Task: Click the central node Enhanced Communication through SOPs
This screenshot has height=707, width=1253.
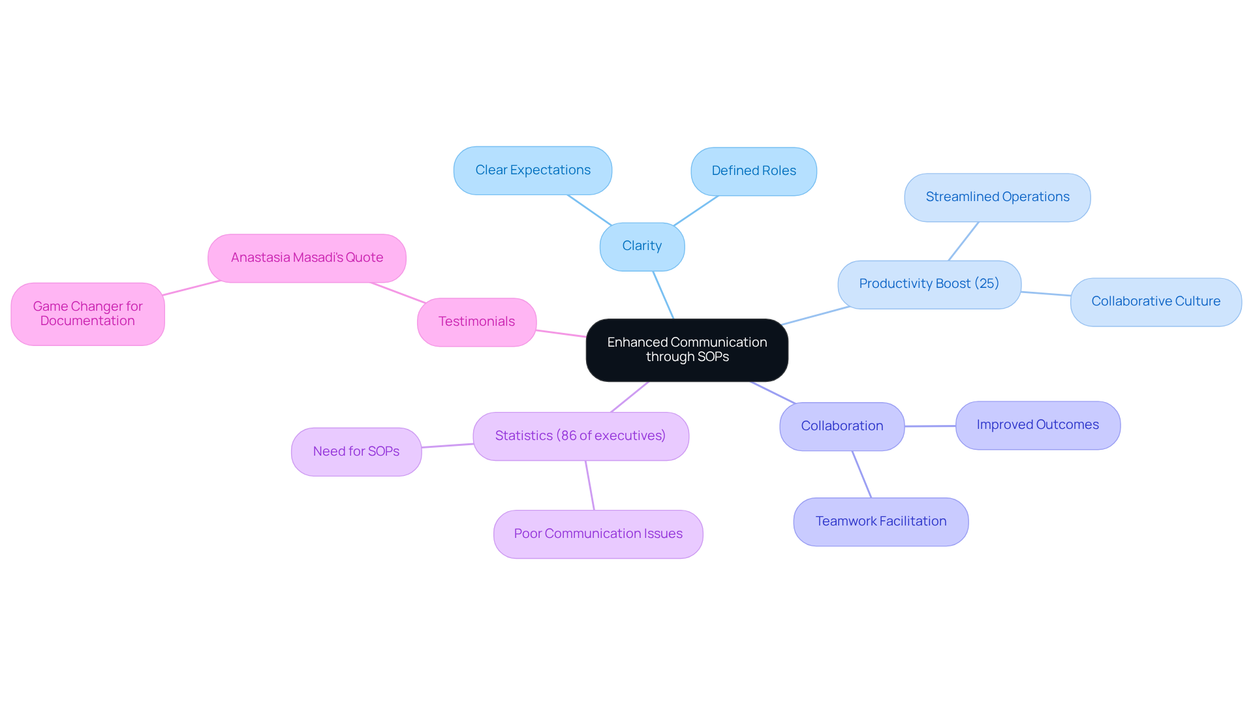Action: coord(687,350)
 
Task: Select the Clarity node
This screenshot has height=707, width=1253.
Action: coord(642,246)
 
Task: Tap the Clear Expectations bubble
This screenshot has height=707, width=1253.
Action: coord(533,170)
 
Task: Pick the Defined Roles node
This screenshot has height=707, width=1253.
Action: coord(753,171)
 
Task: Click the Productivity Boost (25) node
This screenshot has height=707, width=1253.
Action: coord(929,284)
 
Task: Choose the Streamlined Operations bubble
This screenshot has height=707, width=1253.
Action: coord(997,197)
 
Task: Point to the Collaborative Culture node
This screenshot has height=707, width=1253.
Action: coord(1155,302)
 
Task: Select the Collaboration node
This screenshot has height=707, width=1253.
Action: coord(842,426)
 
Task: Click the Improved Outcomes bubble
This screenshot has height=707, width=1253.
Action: coord(1038,425)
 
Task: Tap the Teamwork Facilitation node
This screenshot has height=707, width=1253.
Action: coord(880,522)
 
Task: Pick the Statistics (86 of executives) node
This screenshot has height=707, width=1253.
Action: coord(580,436)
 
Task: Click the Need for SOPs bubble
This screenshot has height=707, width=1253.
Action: coord(356,452)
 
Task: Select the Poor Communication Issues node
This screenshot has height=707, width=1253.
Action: coord(598,534)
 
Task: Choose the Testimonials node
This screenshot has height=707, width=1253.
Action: coord(476,322)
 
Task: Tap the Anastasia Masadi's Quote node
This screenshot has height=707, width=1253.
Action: coord(307,258)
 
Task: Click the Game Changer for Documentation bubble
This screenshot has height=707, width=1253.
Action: coord(87,314)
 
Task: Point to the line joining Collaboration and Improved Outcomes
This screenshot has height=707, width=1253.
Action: coord(930,426)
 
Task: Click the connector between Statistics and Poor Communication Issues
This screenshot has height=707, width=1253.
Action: coord(590,485)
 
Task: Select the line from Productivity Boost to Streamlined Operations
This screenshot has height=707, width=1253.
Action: coord(963,242)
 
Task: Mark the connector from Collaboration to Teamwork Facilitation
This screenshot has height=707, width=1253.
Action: coord(861,474)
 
